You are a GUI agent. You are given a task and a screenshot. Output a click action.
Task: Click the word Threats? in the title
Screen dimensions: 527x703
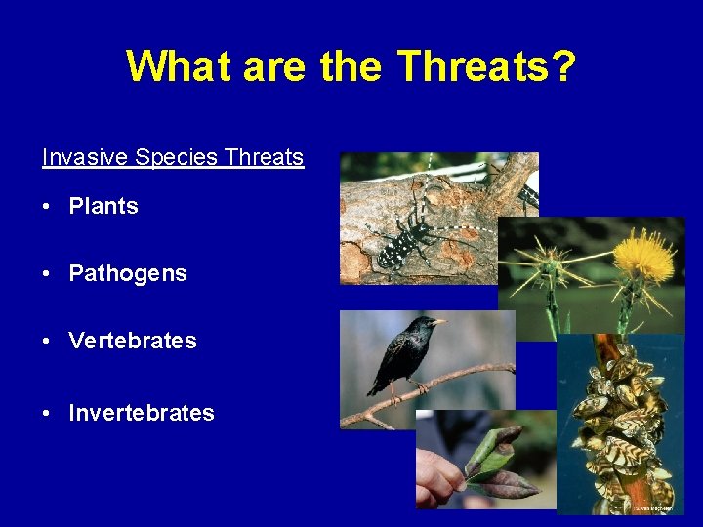point(486,66)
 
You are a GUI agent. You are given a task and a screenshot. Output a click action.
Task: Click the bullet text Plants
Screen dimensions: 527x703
point(103,207)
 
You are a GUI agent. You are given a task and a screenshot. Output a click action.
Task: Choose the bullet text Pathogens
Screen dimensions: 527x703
point(128,274)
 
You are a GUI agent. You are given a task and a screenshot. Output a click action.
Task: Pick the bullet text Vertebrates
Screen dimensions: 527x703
point(133,342)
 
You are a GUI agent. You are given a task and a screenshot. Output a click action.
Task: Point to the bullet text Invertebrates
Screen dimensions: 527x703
point(142,414)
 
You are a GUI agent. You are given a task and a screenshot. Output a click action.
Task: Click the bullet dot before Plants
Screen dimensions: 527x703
point(47,207)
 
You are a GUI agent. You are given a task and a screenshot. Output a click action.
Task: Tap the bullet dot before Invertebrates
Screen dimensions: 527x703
point(47,414)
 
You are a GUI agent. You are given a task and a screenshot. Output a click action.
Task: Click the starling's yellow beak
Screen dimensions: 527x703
point(440,321)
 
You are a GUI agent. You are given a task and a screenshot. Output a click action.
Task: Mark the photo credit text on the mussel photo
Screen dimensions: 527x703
point(653,508)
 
